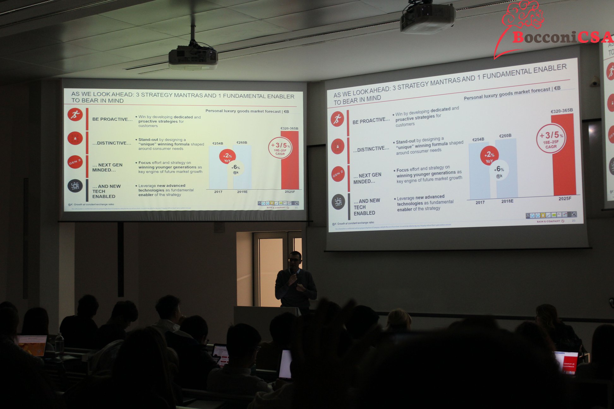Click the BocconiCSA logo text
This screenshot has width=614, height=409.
(x=562, y=37)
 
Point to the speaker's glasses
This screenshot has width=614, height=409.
(x=294, y=260)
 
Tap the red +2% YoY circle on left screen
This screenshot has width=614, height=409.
(x=227, y=157)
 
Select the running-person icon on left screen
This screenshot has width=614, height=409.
(x=75, y=115)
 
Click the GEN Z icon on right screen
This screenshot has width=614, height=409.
(x=338, y=174)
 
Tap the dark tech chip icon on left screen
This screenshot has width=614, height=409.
(x=75, y=186)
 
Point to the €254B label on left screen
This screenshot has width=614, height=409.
(x=218, y=144)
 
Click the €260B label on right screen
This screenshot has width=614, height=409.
(x=505, y=136)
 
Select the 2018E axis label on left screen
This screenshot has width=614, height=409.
(x=242, y=192)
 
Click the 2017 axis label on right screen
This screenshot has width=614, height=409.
(x=480, y=203)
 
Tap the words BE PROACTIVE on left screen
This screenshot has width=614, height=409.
(x=112, y=119)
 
